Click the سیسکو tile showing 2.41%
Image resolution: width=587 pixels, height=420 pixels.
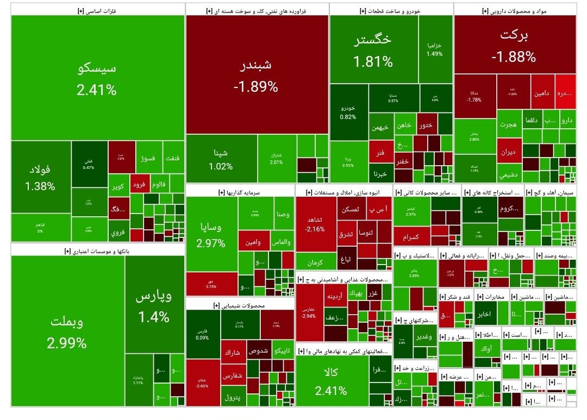(x=97, y=79)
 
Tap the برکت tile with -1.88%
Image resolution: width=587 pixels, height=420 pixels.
(x=514, y=46)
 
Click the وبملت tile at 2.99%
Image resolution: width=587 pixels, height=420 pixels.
(x=67, y=331)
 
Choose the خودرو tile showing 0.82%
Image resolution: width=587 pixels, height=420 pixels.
(x=348, y=111)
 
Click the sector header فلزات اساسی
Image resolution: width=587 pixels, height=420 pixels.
(x=97, y=10)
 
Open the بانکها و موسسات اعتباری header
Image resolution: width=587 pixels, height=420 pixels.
(x=97, y=250)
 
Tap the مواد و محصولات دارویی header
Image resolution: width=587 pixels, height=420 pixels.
(x=514, y=10)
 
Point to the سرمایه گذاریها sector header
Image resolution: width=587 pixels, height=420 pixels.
(x=240, y=192)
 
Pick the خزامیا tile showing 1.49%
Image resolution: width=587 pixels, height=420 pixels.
(x=435, y=49)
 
